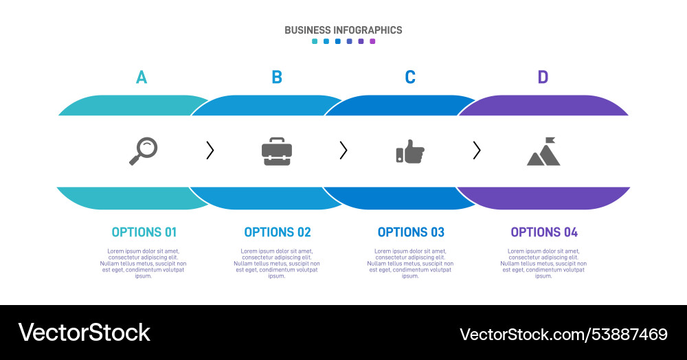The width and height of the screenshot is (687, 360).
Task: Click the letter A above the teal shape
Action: pos(141,77)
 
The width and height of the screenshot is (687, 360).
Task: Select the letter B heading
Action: pos(277,77)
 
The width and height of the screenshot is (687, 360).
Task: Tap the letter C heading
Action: pos(410,77)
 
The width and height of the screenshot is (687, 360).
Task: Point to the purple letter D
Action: pos(543,77)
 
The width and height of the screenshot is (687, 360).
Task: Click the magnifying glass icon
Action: pos(144,150)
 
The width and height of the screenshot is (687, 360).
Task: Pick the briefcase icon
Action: pos(277,151)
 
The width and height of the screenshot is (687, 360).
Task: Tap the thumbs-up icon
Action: pos(410,151)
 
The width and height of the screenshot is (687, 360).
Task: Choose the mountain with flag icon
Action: pos(543,152)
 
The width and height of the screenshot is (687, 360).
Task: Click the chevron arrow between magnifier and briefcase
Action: pos(210,150)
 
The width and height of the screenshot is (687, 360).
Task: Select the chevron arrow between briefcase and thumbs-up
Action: pos(343,150)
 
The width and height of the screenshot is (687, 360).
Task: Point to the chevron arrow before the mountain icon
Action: pos(477,150)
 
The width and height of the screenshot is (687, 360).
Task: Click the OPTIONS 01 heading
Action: pos(144,232)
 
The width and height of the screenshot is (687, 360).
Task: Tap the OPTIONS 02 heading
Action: pos(278,232)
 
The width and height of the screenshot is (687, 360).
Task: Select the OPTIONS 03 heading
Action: pos(411,232)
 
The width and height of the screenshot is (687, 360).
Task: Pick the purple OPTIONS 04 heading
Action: pos(544,232)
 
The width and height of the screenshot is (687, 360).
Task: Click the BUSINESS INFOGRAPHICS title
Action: pos(343,30)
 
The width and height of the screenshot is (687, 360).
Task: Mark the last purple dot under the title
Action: pos(373,41)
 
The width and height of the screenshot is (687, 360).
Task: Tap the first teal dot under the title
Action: pos(315,41)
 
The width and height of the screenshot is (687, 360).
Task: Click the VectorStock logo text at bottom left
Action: pos(84,333)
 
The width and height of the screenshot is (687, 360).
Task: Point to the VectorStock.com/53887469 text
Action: pos(563,335)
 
